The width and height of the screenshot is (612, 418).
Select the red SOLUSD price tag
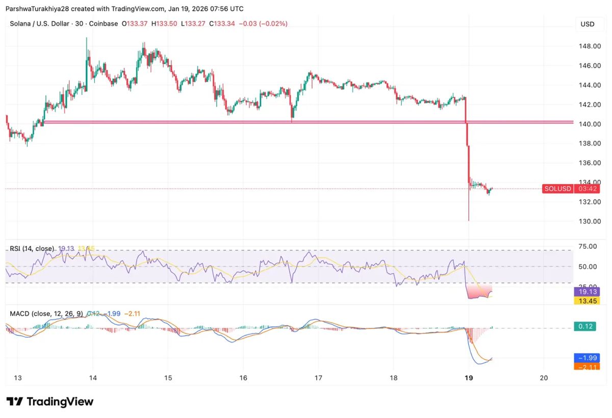point(557,189)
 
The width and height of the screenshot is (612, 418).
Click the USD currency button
point(588,24)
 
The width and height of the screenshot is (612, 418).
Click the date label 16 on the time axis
point(243,378)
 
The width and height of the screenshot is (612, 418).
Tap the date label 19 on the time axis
point(470,378)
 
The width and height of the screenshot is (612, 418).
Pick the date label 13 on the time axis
point(17,378)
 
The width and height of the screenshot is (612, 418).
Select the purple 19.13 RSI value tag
point(585,292)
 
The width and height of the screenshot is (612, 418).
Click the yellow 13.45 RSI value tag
point(585,300)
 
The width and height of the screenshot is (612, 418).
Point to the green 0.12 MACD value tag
point(585,326)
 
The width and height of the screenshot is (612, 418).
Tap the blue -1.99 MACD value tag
point(585,357)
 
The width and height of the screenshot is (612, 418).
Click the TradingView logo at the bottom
point(50,402)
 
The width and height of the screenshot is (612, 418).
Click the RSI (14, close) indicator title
point(32,249)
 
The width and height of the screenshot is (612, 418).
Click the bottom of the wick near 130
point(469,220)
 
